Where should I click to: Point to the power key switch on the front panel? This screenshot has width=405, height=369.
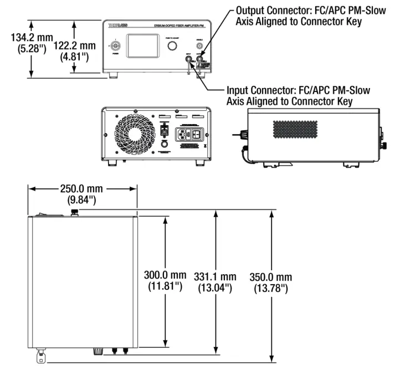[115, 46]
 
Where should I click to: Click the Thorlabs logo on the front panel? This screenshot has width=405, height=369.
[119, 26]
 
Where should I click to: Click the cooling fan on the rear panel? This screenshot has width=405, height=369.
[132, 135]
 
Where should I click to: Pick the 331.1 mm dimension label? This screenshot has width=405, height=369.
[215, 281]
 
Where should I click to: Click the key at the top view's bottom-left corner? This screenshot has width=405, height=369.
[41, 357]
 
